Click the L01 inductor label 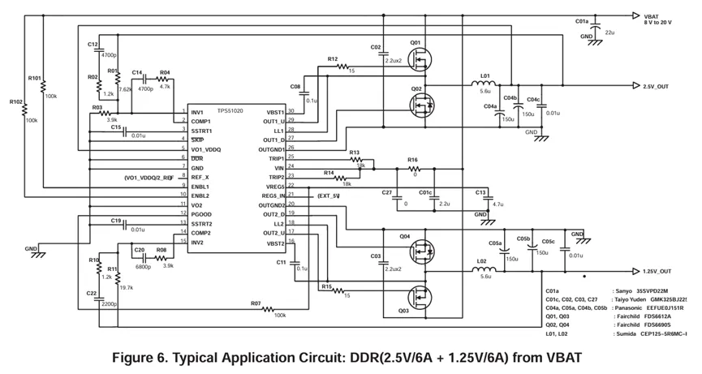tap(485, 75)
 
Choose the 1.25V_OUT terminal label tap(657, 272)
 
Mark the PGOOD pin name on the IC tap(202, 214)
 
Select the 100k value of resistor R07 tap(281, 315)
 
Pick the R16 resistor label tap(412, 160)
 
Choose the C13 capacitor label tap(480, 192)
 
